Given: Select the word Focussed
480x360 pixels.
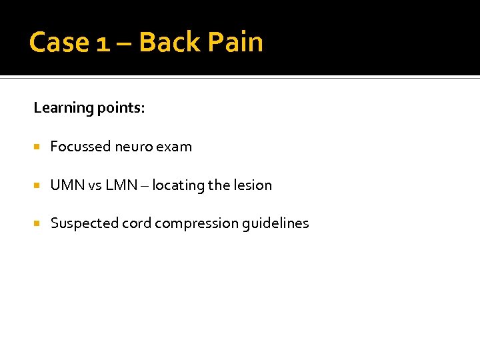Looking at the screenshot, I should point(80,147).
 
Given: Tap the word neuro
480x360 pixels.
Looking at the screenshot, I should point(134,147).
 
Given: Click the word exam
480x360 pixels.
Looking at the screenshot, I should point(175,147).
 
